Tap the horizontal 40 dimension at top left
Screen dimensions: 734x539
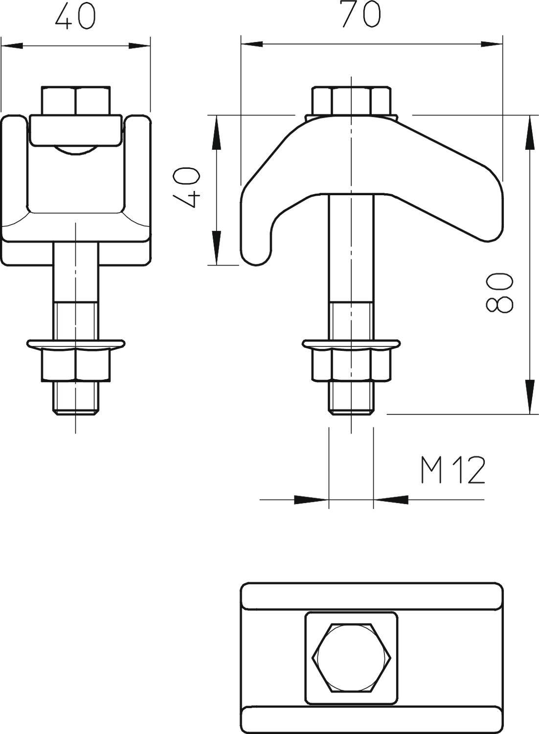pos(75,17)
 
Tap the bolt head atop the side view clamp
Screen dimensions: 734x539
pos(351,100)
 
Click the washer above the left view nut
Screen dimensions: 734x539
pos(76,344)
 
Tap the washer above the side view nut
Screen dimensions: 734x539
pos(351,344)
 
